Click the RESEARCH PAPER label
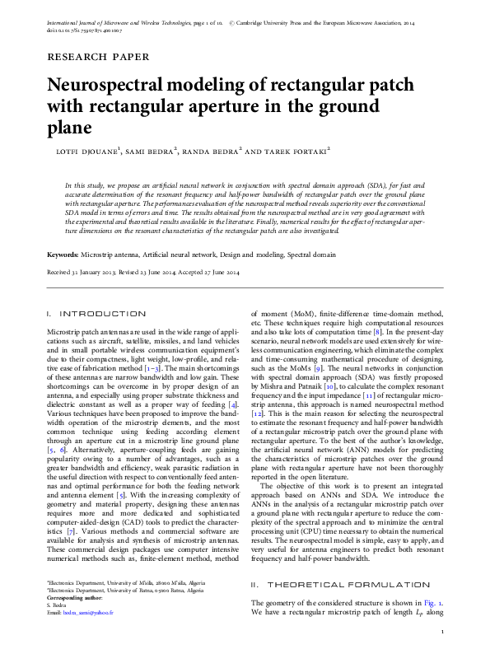pos(98,58)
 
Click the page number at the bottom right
pos(443,631)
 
